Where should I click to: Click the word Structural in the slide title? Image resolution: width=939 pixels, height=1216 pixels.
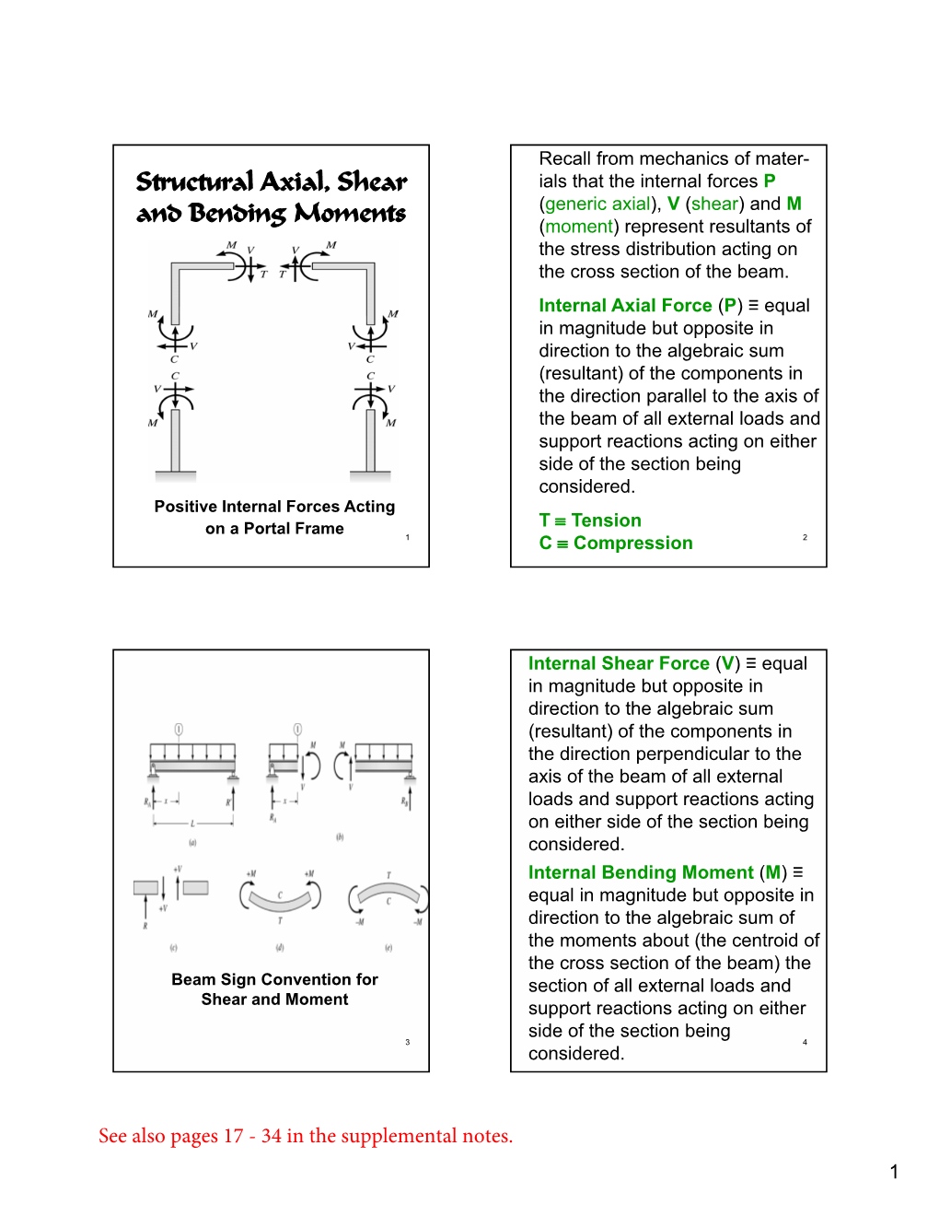click(x=194, y=181)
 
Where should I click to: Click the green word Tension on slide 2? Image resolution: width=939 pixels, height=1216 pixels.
click(x=606, y=520)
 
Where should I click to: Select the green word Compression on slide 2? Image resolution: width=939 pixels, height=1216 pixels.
click(x=632, y=544)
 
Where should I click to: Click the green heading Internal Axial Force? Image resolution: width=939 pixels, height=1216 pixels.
click(x=625, y=306)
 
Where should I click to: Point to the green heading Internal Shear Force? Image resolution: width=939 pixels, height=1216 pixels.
click(x=619, y=663)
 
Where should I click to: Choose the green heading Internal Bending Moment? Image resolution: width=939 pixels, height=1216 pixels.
click(x=641, y=872)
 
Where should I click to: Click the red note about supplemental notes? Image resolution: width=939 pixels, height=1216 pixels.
click(x=306, y=1136)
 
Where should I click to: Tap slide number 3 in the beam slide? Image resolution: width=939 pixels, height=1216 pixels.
click(x=407, y=1042)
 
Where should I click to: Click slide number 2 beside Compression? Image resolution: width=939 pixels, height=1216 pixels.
click(x=805, y=537)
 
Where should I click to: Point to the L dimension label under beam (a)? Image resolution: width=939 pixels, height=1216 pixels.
click(x=192, y=823)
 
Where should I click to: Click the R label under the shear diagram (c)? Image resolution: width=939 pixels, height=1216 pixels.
click(x=145, y=925)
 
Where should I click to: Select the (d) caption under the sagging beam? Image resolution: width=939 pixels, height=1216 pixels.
click(x=280, y=947)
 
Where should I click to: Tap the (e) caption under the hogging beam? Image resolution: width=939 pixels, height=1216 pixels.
click(x=388, y=947)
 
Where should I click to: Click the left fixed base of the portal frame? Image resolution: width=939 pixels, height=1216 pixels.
click(x=175, y=475)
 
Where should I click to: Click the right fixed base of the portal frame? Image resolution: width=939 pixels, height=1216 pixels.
click(x=371, y=475)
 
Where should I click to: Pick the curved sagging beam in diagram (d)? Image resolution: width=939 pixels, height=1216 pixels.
click(x=280, y=900)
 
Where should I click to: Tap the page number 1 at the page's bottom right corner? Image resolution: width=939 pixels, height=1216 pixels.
click(x=894, y=1172)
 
